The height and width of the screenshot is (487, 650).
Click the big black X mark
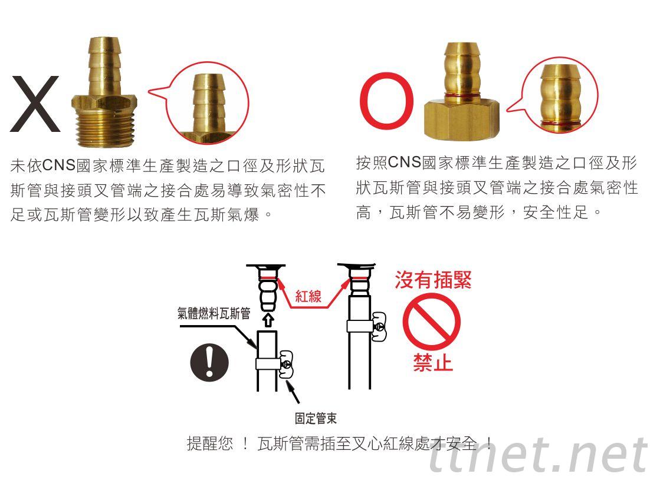pos(35,104)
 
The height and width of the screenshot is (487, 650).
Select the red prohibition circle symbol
pos(431,321)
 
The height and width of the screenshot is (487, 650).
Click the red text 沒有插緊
pos(433,280)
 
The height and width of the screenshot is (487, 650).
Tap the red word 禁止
pos(432,363)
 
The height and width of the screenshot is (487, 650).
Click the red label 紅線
pos(308,296)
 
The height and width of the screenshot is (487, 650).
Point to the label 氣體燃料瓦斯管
pos(214,313)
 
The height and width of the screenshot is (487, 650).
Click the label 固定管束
pos(316,418)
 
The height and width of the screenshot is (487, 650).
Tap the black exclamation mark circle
pos(209,363)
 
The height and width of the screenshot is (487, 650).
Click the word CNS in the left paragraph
pos(60,165)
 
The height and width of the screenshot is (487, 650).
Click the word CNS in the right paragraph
pos(405,162)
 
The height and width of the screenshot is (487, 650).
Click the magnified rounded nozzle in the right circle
pos(560,97)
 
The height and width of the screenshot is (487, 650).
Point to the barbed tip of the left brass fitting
pos(104,62)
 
